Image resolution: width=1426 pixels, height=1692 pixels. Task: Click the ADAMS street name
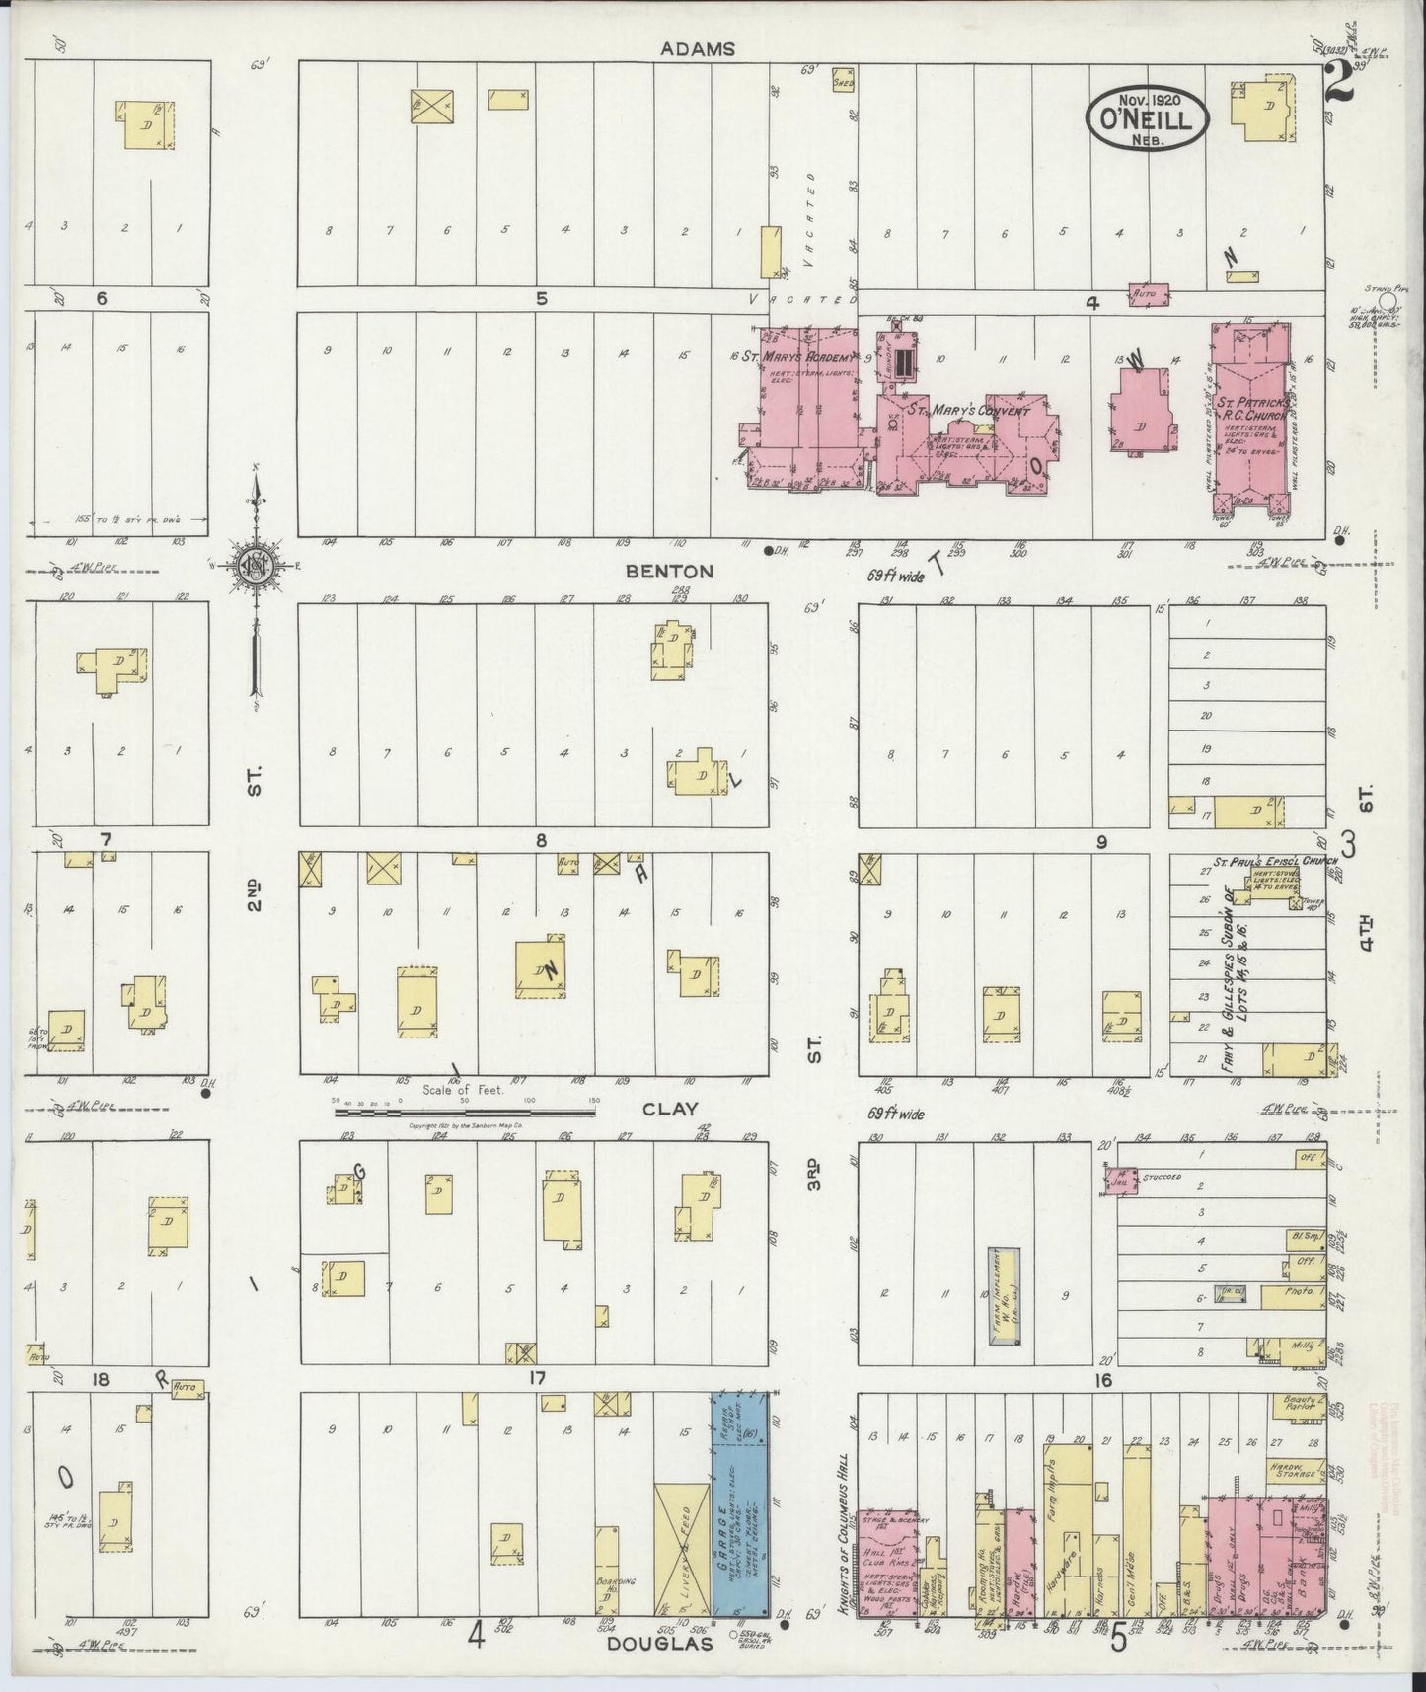click(698, 48)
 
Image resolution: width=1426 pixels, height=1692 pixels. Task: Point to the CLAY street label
click(670, 1109)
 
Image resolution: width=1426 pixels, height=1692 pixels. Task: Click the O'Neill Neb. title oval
click(1149, 119)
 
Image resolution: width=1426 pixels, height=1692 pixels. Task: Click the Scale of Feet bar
click(464, 1112)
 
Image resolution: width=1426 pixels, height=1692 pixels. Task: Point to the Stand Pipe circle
click(1388, 299)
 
